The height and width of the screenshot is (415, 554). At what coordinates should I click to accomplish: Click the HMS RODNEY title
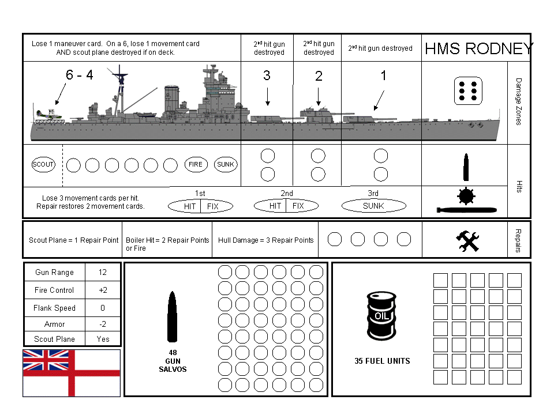point(478,49)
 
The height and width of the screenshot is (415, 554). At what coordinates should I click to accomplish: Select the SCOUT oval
point(43,165)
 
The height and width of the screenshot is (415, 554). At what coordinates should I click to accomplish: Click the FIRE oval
point(196,165)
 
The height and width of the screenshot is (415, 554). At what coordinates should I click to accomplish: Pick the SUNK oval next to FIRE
point(226,165)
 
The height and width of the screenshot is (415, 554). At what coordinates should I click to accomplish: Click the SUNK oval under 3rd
point(373,206)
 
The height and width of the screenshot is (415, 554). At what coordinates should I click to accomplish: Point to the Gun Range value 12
point(103,273)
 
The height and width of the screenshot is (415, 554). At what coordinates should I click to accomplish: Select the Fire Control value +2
point(103,290)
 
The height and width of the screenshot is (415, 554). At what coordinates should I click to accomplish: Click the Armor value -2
point(103,324)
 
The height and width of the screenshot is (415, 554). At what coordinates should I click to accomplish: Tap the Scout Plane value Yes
point(103,339)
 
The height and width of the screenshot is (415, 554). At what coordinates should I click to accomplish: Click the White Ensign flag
point(72,372)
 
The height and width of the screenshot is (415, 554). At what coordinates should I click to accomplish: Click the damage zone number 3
point(267,76)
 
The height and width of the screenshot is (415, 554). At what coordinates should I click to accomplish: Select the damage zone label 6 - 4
point(80,75)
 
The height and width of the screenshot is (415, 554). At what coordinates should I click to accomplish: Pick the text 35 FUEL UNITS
point(382,361)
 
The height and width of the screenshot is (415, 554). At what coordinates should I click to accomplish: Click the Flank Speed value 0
point(103,308)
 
